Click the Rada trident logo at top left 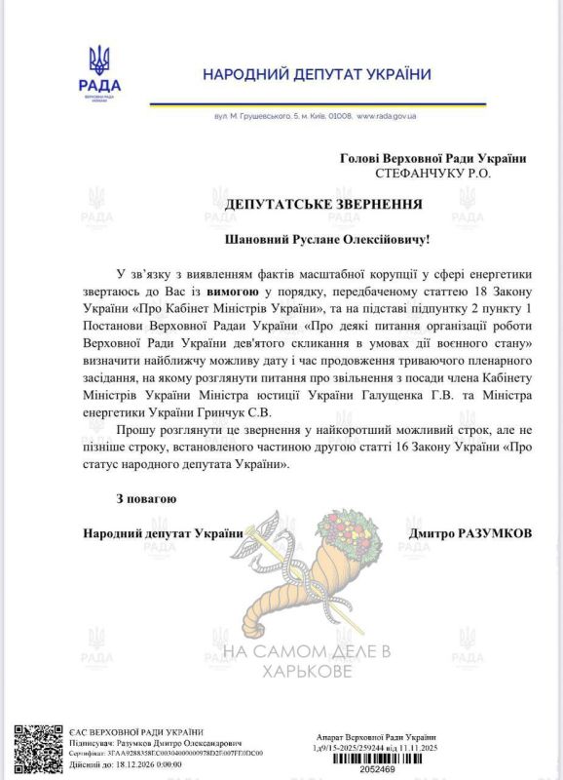point(98,62)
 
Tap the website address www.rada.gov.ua point(387,116)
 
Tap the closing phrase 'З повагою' point(146,499)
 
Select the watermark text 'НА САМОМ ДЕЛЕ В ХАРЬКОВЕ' point(306,660)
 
